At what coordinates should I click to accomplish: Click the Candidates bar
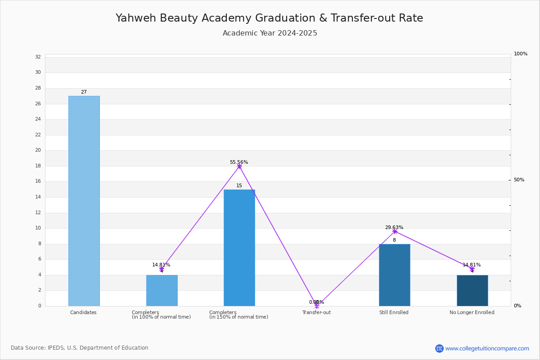pyautogui.click(x=84, y=201)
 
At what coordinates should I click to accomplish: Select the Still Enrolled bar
pyautogui.click(x=395, y=275)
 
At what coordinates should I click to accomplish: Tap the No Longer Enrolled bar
pyautogui.click(x=472, y=291)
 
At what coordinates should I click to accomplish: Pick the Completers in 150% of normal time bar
pyautogui.click(x=239, y=248)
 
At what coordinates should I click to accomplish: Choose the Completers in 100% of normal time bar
pyautogui.click(x=162, y=291)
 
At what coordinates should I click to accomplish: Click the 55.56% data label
pyautogui.click(x=239, y=162)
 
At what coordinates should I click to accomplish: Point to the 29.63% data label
pyautogui.click(x=394, y=227)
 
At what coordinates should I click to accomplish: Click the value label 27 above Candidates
pyautogui.click(x=84, y=92)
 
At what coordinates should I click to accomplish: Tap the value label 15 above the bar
pyautogui.click(x=239, y=186)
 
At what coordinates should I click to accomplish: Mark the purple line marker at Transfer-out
pyautogui.click(x=317, y=306)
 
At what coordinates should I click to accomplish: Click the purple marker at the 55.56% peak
pyautogui.click(x=239, y=166)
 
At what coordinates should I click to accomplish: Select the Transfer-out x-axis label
pyautogui.click(x=316, y=312)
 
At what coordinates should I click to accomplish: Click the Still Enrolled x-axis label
pyautogui.click(x=394, y=312)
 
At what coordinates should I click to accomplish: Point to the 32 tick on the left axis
pyautogui.click(x=38, y=57)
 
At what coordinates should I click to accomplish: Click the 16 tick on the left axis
pyautogui.click(x=38, y=181)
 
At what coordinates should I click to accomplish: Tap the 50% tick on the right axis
pyautogui.click(x=519, y=180)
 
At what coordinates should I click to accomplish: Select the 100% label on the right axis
pyautogui.click(x=521, y=54)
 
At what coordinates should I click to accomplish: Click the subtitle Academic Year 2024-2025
pyautogui.click(x=270, y=33)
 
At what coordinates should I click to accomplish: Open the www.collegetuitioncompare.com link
pyautogui.click(x=487, y=348)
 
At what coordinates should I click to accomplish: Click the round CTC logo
pyautogui.click(x=440, y=348)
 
